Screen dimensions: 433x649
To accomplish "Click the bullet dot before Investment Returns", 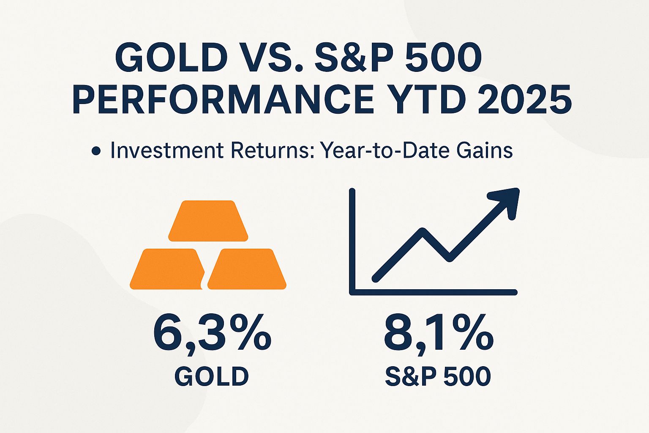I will pos(96,151).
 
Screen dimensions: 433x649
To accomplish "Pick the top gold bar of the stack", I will pos(208,221).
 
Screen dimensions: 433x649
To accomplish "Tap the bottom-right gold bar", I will pos(247,269).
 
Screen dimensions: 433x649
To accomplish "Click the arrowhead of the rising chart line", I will pos(507,201).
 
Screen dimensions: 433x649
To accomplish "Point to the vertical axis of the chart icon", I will pos(352,241).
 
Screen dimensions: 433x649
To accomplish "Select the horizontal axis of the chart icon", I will pos(433,292).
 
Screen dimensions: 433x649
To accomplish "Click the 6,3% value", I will pos(212,334).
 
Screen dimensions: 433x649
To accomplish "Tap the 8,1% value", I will pos(438,334).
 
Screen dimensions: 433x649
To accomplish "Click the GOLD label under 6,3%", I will pos(212,376).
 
